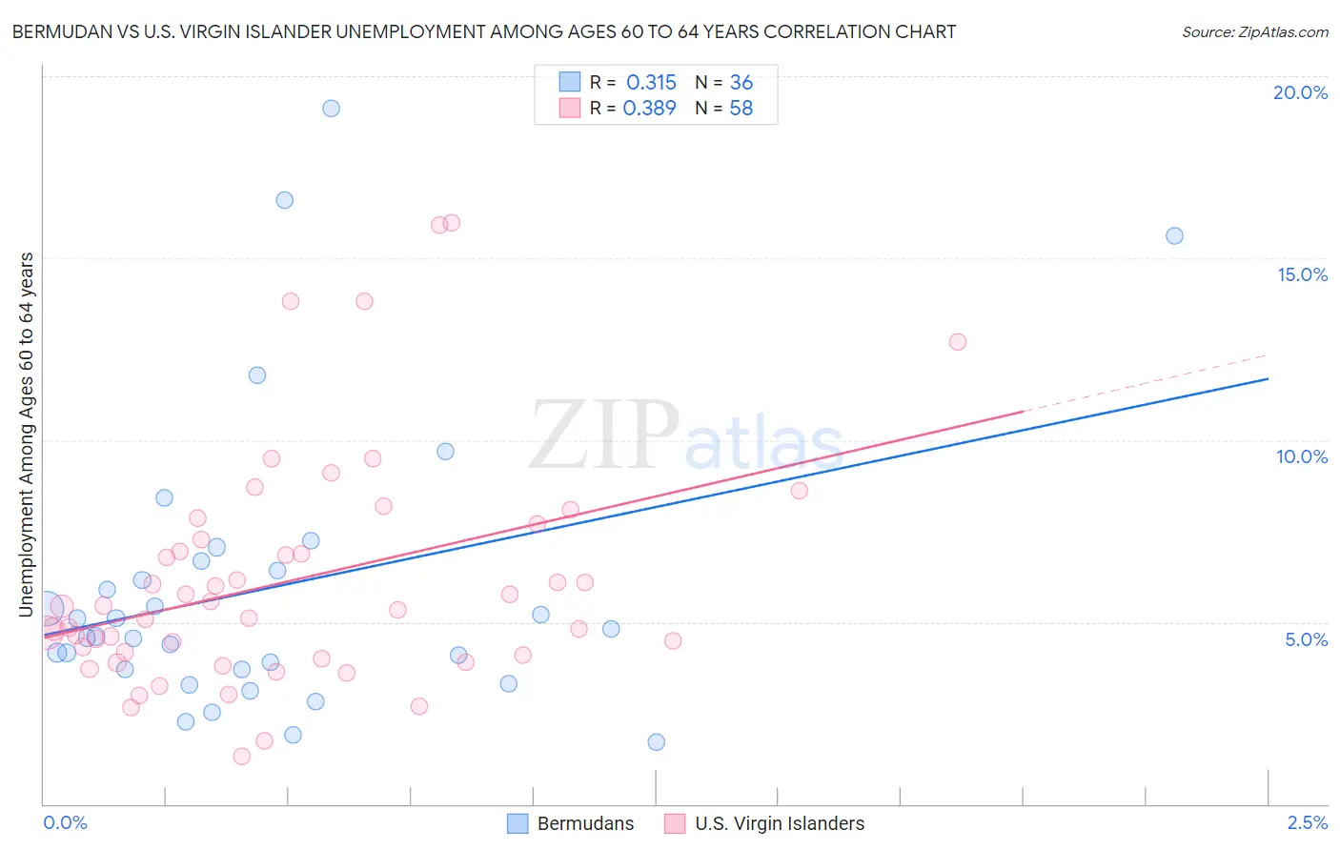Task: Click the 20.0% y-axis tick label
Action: click(x=1300, y=92)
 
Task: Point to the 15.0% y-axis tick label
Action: click(x=1302, y=274)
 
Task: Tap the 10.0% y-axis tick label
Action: click(x=1302, y=456)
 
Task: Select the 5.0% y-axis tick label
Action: click(x=1306, y=639)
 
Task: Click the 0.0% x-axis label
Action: click(x=65, y=822)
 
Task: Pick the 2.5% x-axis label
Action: click(x=1307, y=822)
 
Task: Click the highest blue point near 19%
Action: click(x=331, y=108)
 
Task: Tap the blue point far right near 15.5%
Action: click(x=1174, y=235)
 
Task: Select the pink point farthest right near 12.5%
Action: click(x=958, y=341)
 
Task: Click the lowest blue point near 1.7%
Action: click(x=656, y=741)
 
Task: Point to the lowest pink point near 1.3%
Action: click(x=242, y=756)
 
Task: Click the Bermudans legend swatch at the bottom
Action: click(x=518, y=823)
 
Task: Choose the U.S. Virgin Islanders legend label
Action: click(x=780, y=823)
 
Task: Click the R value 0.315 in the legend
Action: click(x=651, y=83)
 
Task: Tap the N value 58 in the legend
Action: click(x=741, y=109)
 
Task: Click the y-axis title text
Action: click(x=27, y=434)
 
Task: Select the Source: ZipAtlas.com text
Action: click(x=1254, y=32)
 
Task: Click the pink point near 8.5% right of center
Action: click(x=799, y=491)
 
